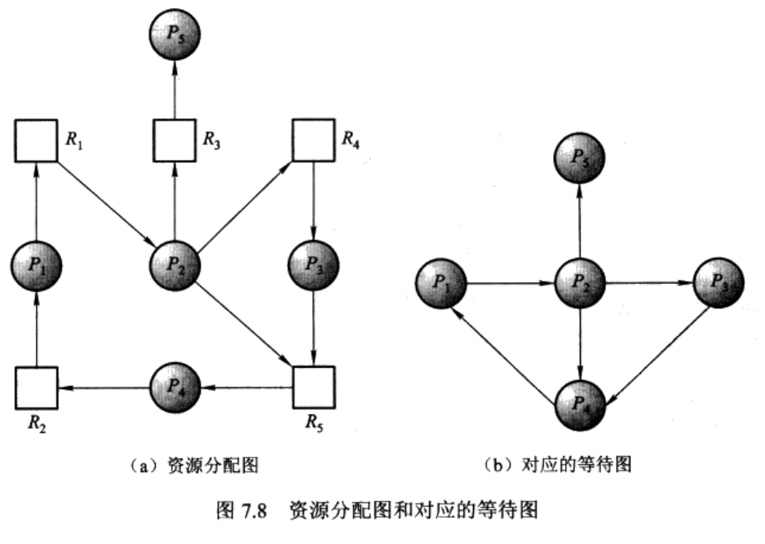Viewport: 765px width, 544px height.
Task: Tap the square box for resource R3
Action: click(x=174, y=140)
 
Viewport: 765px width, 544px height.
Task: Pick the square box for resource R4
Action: click(x=313, y=140)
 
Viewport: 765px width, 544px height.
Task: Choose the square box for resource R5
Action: click(x=313, y=387)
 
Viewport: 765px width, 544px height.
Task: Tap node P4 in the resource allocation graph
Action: click(x=174, y=387)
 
